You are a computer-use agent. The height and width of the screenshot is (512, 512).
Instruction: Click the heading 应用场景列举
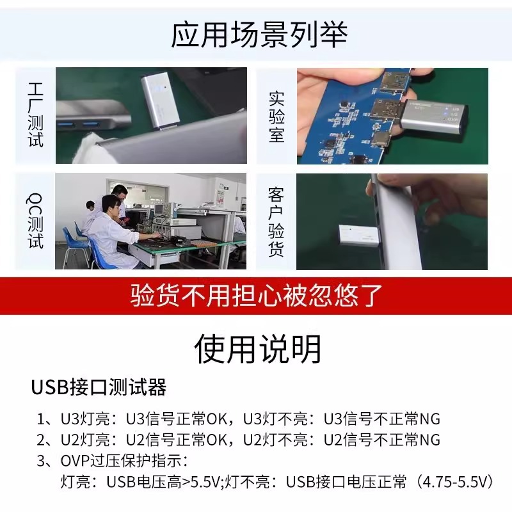(259, 35)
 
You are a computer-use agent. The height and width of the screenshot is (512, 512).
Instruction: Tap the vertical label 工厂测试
(36, 115)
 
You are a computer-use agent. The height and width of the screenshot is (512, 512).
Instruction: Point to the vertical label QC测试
(36, 221)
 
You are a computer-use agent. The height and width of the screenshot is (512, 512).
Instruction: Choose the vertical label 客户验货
(276, 221)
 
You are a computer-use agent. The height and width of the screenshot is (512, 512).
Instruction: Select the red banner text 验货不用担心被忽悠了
(256, 296)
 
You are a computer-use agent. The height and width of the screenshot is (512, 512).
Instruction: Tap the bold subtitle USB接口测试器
(99, 387)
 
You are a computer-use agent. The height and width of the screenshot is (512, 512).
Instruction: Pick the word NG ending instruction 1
(429, 420)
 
